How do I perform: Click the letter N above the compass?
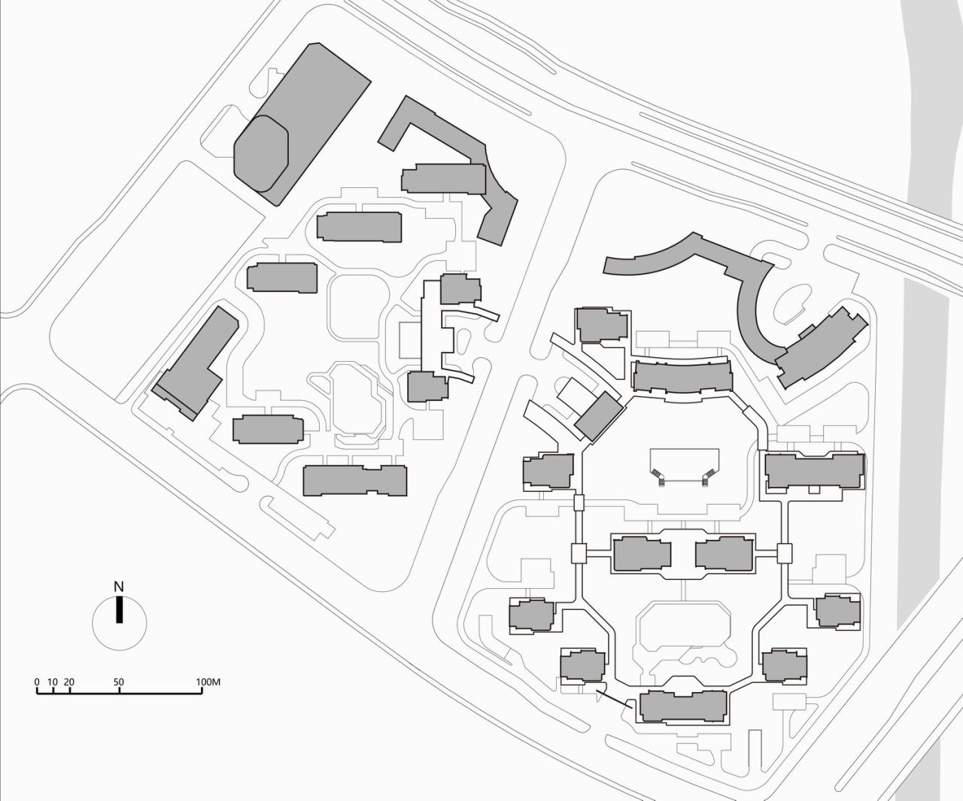click(118, 587)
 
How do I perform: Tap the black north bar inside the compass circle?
click(119, 610)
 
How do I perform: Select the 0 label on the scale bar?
click(37, 683)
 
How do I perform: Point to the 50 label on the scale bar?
click(119, 683)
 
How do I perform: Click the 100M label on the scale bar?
click(208, 683)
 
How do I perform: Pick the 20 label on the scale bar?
click(68, 683)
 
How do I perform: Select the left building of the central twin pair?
click(642, 555)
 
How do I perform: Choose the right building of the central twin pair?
click(723, 555)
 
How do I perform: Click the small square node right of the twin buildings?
click(785, 554)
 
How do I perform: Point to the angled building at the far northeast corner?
click(822, 346)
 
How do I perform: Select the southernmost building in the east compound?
click(683, 706)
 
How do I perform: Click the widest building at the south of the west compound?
click(354, 480)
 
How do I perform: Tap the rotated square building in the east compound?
click(600, 415)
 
